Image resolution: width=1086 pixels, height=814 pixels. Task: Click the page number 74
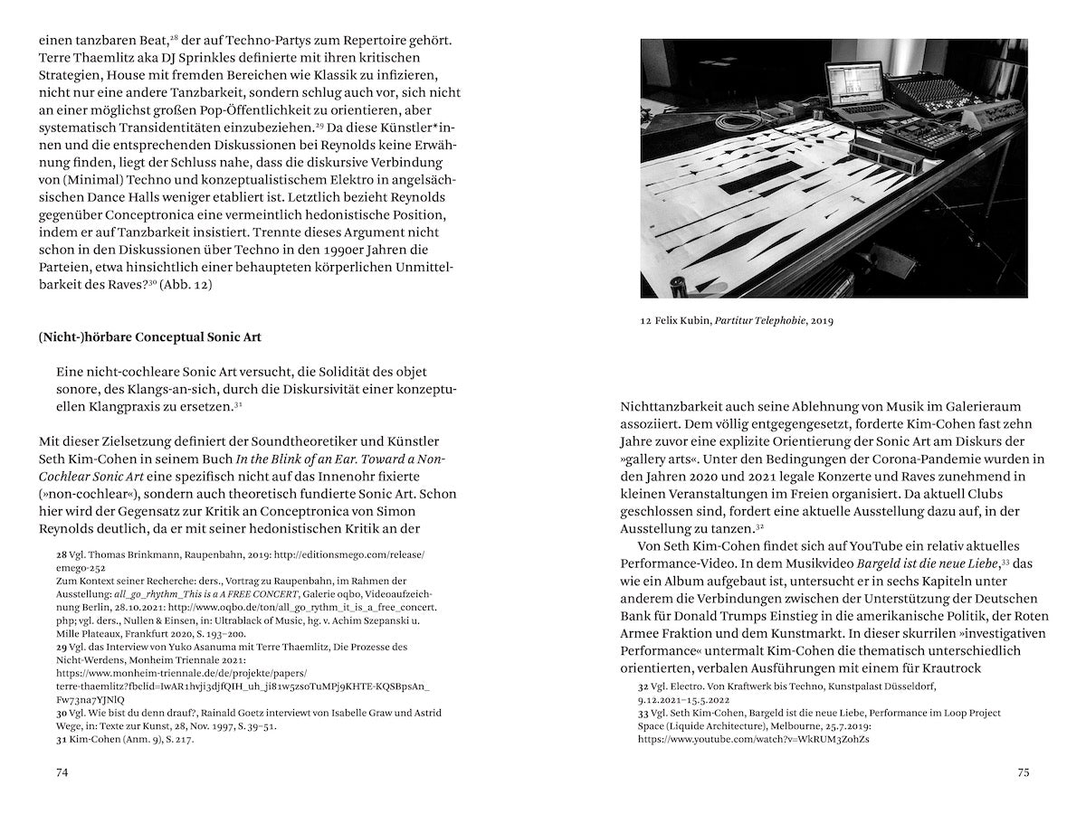tap(62, 772)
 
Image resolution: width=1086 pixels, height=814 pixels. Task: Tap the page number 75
tap(1023, 772)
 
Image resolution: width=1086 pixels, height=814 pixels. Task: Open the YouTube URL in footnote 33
tap(754, 739)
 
